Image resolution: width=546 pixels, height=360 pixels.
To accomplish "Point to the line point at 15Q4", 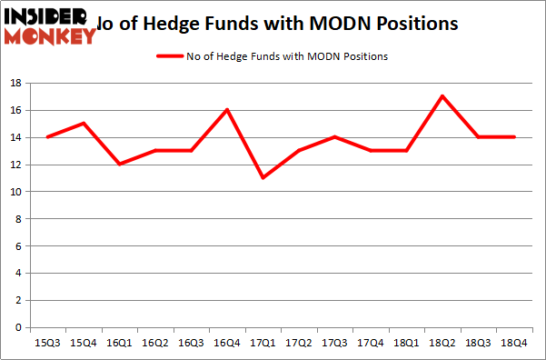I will (x=84, y=124).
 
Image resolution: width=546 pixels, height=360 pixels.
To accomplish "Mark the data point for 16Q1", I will (x=120, y=165).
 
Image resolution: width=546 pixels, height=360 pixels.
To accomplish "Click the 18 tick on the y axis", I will (x=15, y=83).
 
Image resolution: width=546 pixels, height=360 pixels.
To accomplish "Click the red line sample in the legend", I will (x=171, y=56).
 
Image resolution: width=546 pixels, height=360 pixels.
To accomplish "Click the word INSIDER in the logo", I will (x=45, y=15).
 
